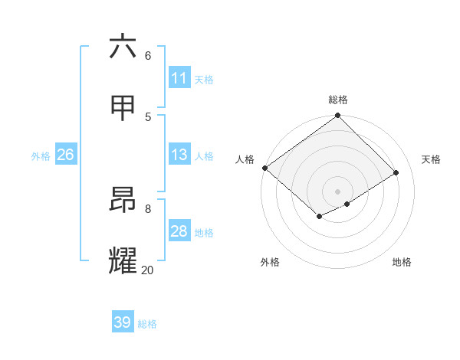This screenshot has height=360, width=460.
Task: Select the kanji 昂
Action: [123, 200]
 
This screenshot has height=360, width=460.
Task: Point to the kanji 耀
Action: [123, 261]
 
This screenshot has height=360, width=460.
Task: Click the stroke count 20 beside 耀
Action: [147, 270]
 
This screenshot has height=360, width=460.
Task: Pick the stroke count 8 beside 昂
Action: [148, 208]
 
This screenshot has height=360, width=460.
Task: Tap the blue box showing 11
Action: [179, 78]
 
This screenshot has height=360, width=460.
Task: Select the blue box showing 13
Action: [179, 155]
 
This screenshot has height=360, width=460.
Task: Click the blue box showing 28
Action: [179, 231]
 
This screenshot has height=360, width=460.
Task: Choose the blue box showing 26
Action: [65, 155]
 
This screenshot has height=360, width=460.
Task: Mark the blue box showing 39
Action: [123, 322]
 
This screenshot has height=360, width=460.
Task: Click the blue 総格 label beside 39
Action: [147, 324]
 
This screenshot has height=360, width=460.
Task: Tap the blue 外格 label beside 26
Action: [41, 156]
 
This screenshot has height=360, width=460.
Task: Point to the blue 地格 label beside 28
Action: [204, 233]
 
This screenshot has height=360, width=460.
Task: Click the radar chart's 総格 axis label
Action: [338, 100]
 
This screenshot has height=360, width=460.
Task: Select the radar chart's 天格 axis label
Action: [431, 159]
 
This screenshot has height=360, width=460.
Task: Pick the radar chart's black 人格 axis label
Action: [245, 159]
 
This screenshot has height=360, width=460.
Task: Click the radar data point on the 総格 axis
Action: [338, 116]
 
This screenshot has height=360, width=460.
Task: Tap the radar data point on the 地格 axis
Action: [347, 204]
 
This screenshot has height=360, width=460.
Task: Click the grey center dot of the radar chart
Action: [338, 191]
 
